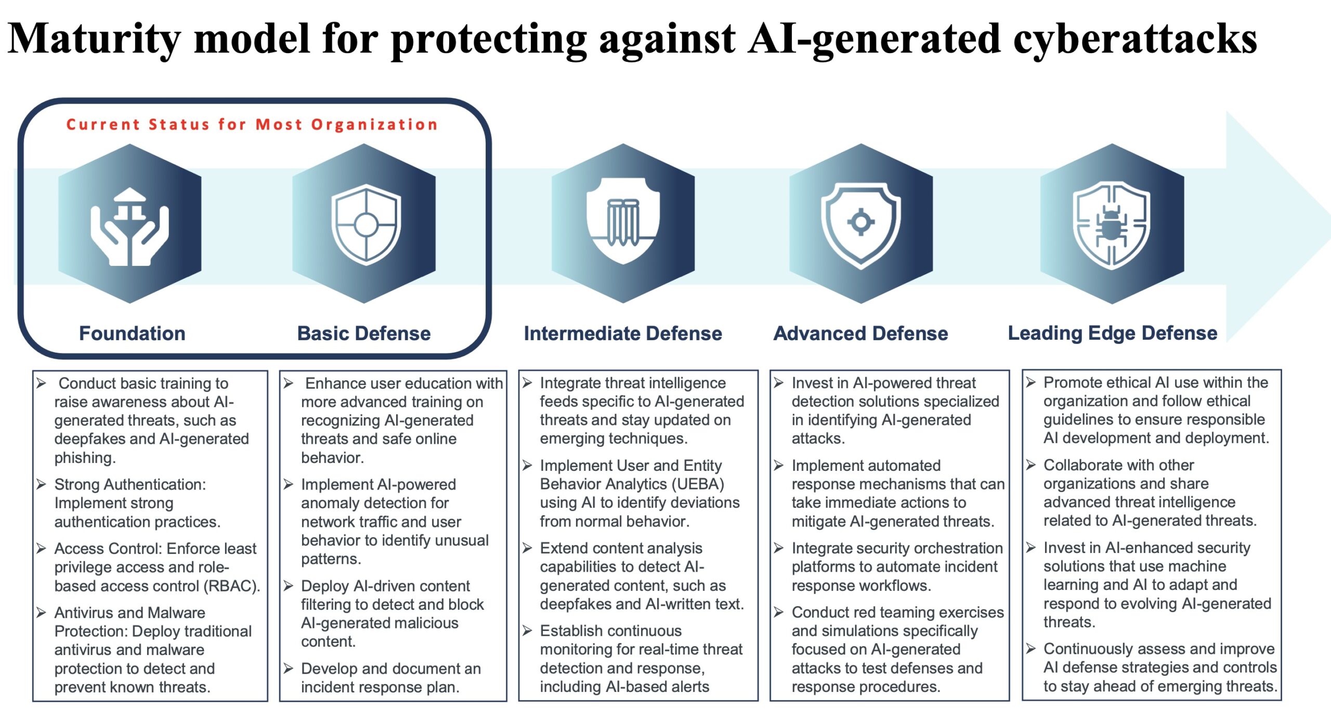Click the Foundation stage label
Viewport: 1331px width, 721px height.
[132, 333]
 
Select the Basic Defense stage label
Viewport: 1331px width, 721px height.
[364, 333]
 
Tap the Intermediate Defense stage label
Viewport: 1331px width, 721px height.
[623, 333]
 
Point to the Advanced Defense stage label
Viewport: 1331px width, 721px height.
[860, 333]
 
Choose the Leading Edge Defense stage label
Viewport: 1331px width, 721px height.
[1113, 333]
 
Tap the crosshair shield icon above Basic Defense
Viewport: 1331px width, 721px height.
[366, 224]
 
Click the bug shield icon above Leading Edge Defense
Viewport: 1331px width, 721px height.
[1112, 225]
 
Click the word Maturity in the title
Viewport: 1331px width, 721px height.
[94, 40]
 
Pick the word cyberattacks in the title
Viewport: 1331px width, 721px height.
[1135, 40]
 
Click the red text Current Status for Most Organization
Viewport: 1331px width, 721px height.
[252, 124]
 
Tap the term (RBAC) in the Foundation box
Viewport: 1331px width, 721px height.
[231, 586]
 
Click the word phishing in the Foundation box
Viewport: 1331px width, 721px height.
[85, 458]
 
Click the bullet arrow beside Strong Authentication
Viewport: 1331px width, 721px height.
[41, 484]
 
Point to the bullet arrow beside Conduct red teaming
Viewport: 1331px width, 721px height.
[778, 612]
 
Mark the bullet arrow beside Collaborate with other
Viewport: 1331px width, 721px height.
[1030, 465]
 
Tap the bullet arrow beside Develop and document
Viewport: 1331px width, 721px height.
[288, 668]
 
